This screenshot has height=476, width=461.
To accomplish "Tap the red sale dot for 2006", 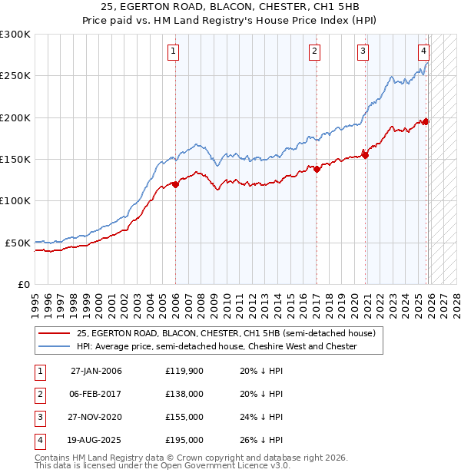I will [x=175, y=184].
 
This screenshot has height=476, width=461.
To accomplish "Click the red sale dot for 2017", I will [x=317, y=169].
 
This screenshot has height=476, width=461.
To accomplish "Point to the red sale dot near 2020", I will [x=366, y=155].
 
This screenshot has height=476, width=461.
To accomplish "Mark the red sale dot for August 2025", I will [x=426, y=121].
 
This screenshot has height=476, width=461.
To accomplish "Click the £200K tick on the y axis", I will [x=15, y=117].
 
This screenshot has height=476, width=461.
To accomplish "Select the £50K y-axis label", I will [x=18, y=243].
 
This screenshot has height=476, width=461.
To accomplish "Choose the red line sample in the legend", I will [x=54, y=334].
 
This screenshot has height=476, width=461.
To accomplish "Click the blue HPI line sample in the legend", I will [x=54, y=347].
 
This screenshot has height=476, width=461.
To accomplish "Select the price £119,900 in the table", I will [x=184, y=371].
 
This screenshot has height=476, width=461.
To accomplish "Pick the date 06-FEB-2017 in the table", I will [x=96, y=394].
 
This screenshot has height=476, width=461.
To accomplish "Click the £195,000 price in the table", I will [x=184, y=440].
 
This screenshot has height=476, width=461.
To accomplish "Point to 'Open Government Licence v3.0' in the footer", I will [x=223, y=466].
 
